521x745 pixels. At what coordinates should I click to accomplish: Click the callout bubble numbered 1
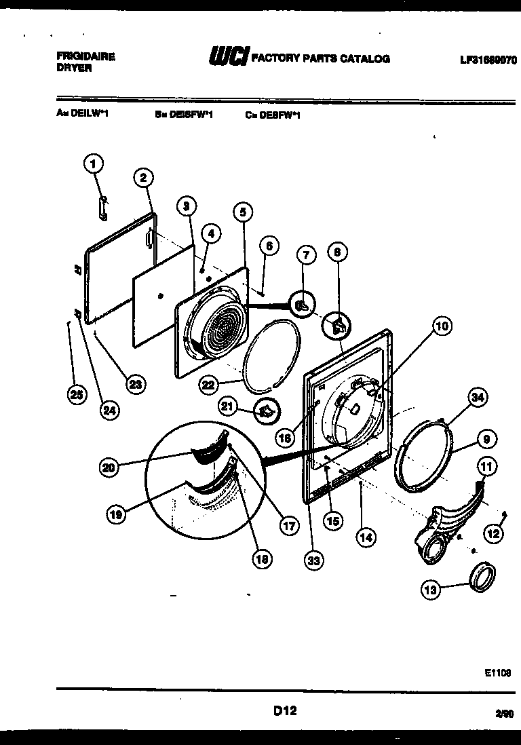coord(94,164)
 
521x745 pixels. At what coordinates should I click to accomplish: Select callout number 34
coord(478,398)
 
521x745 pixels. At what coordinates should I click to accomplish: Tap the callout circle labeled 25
coord(77,394)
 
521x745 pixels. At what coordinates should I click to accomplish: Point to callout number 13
coord(431,590)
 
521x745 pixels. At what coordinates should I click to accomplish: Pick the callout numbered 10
coord(442,326)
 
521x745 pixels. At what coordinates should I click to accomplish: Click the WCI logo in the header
coord(229,58)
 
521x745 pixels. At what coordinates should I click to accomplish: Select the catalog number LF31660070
coord(488,60)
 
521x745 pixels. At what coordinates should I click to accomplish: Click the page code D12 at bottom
coord(285,711)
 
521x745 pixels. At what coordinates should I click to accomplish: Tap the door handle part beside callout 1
coord(102,208)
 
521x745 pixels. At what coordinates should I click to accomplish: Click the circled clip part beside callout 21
coord(267,411)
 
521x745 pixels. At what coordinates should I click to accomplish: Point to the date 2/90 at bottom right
coord(504,712)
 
